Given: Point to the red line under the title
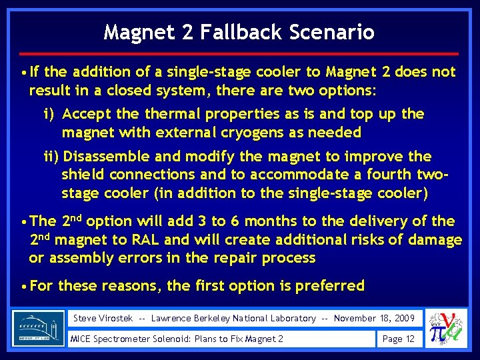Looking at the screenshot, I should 240,53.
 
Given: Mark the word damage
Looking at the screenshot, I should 436,239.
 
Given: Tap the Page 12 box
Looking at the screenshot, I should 399,339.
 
